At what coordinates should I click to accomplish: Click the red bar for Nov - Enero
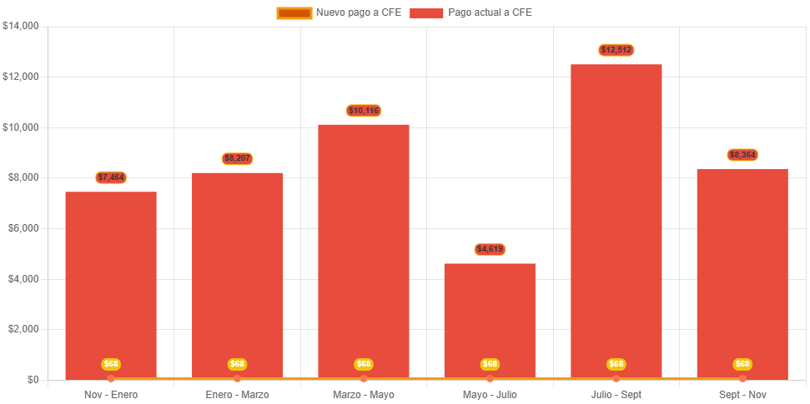click(111, 283)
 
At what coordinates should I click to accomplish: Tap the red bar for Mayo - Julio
click(490, 321)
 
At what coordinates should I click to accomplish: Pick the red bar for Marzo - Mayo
click(364, 250)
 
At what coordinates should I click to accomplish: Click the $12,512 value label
click(616, 50)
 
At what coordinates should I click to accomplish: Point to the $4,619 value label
click(490, 249)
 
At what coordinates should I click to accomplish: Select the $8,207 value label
click(238, 158)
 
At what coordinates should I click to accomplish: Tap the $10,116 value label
click(364, 111)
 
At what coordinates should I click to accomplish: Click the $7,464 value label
click(111, 177)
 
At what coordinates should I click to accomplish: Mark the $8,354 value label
click(742, 155)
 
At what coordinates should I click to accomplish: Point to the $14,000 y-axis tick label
click(21, 26)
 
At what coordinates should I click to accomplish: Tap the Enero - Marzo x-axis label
click(238, 394)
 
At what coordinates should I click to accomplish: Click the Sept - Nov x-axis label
click(742, 394)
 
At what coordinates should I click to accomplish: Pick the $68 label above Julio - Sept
click(616, 364)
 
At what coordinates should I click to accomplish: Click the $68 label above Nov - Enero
click(111, 364)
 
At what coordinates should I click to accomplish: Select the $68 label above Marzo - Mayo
click(364, 364)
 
